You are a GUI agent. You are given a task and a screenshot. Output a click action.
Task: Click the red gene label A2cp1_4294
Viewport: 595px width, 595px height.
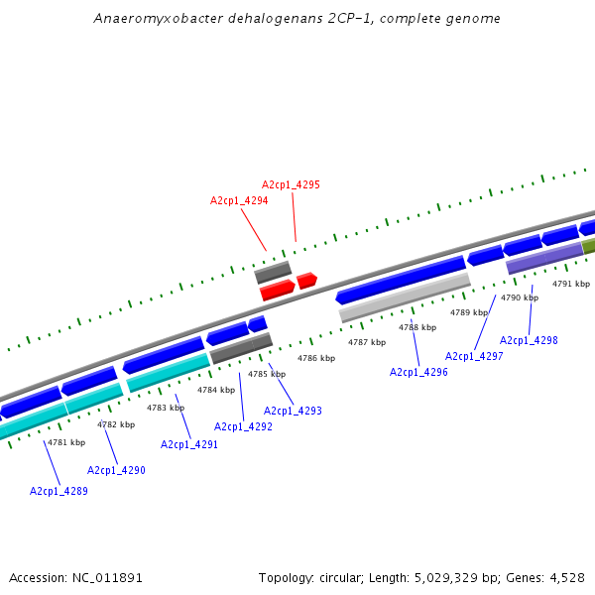click(239, 200)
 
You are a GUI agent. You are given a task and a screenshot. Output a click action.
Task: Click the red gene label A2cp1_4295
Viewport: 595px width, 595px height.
click(291, 184)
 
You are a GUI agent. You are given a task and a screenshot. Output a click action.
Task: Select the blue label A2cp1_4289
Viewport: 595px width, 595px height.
click(59, 491)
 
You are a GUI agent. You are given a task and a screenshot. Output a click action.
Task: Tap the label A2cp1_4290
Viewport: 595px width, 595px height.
click(116, 470)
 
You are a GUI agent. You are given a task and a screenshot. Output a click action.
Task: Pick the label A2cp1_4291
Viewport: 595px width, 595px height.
click(189, 444)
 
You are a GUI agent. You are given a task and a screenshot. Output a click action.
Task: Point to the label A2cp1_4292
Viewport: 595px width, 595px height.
click(243, 426)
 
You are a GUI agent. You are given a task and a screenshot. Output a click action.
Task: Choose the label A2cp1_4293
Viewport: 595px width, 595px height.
click(293, 411)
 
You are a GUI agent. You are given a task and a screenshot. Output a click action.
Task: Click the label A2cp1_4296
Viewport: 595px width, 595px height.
click(418, 372)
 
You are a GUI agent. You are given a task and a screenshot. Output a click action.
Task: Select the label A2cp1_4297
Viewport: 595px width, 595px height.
click(474, 356)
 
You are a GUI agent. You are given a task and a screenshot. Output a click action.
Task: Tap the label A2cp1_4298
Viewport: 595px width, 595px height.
click(529, 340)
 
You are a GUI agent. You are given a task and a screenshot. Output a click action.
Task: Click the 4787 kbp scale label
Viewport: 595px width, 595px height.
click(366, 342)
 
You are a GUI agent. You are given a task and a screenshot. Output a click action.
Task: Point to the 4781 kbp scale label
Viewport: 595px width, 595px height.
click(66, 442)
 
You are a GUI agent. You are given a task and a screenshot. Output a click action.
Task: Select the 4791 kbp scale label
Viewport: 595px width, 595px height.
click(571, 284)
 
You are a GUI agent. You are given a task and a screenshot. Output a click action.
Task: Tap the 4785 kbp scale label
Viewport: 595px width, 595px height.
click(267, 374)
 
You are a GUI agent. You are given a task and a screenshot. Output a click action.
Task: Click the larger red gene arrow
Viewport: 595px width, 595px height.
click(277, 291)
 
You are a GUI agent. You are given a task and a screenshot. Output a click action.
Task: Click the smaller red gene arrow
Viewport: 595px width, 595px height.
click(306, 281)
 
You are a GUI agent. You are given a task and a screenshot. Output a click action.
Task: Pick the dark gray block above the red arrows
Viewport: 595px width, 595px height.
click(273, 272)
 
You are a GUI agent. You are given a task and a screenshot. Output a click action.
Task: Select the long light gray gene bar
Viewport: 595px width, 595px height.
click(405, 297)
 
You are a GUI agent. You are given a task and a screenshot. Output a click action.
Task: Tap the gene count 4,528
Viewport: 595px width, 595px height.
click(564, 577)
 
